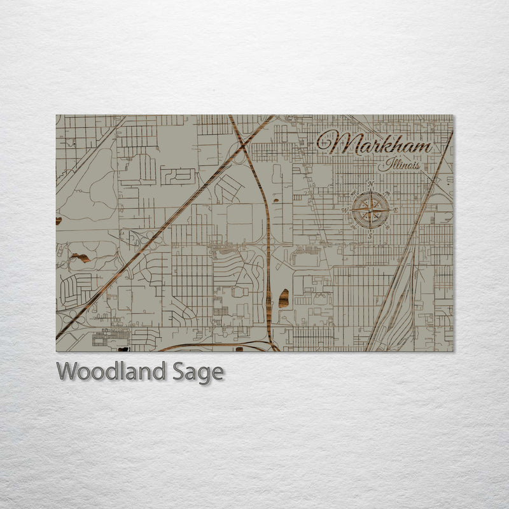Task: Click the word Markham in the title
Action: pos(375,143)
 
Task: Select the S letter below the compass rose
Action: pos(370,235)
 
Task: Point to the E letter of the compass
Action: pos(395,210)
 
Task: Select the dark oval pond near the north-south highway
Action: pos(283,296)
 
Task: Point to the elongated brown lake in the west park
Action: pos(80,258)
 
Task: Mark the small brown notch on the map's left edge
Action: pos(59,221)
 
